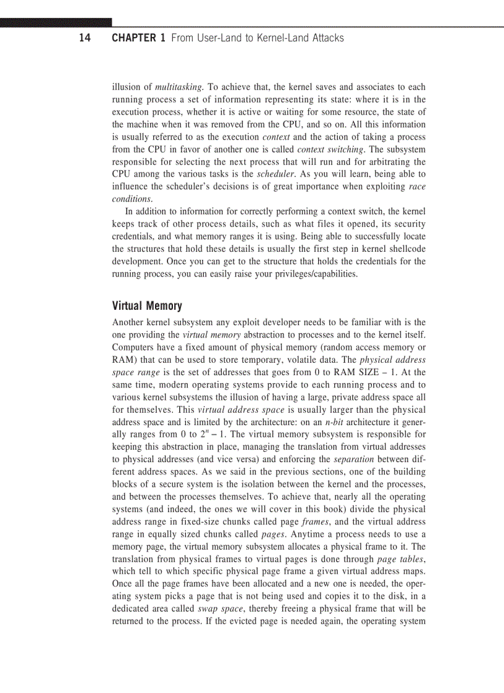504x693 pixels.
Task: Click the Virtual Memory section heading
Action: point(147,306)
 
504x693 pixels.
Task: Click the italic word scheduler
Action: point(276,175)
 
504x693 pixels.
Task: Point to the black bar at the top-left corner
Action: point(56,22)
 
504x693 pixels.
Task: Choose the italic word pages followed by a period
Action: point(274,534)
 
